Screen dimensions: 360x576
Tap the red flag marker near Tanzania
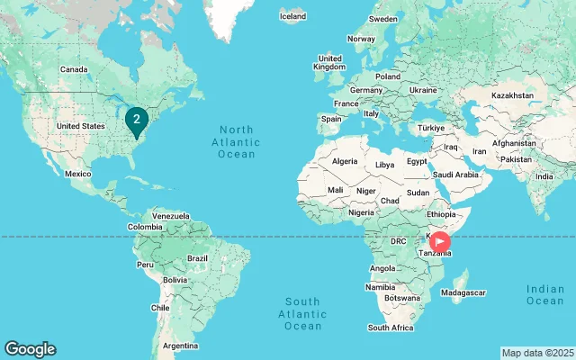pos(440,241)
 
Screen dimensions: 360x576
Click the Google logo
pos(30,349)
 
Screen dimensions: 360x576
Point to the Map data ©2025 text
pos(537,353)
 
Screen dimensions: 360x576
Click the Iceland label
pos(293,15)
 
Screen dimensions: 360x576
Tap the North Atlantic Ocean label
pos(236,142)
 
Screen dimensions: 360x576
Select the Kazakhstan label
pos(513,94)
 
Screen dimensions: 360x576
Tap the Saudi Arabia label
pos(454,175)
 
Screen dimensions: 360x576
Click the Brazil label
pos(197,258)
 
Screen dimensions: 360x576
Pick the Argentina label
pos(180,346)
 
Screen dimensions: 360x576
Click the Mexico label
pos(78,174)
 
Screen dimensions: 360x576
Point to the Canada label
pos(73,69)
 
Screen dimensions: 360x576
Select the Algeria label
pos(345,161)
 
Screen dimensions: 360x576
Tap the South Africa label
pos(391,328)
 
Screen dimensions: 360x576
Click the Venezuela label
pos(170,216)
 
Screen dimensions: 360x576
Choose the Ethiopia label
pos(442,215)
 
